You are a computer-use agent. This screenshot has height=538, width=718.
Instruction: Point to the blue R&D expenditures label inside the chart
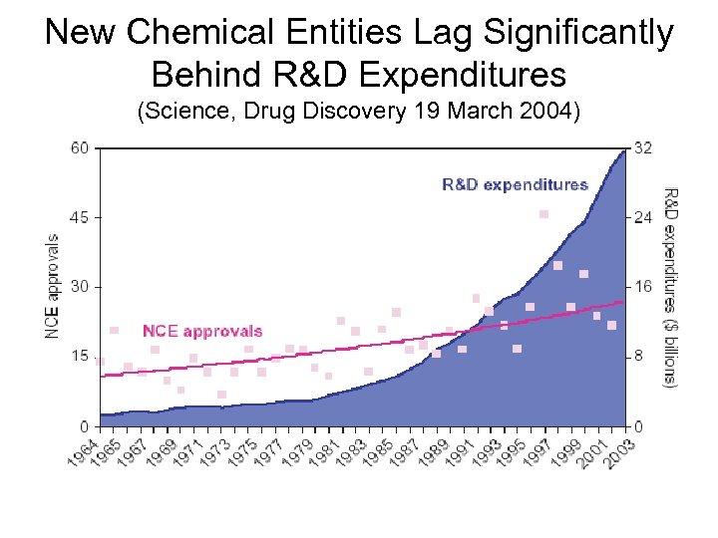point(515,184)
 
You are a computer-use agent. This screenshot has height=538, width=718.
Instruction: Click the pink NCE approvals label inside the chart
point(202,331)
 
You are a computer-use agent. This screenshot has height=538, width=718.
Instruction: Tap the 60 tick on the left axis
point(79,148)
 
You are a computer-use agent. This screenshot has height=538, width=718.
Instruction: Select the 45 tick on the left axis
point(79,217)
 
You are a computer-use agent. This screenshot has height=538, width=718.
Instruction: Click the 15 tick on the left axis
point(79,357)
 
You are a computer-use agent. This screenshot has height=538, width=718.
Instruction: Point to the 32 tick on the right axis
point(643,148)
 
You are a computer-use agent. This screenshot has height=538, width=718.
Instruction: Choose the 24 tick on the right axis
point(643,217)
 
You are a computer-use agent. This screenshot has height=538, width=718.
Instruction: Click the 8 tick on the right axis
point(640,357)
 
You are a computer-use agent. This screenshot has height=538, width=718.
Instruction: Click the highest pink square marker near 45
point(543,214)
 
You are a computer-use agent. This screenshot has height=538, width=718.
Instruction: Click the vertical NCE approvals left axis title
point(52,286)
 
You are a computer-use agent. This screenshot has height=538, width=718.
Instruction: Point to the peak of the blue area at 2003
point(623,151)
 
